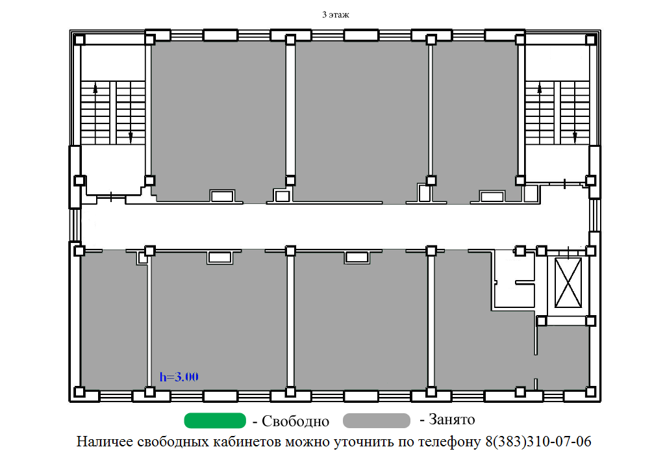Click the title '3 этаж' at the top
coord(336,15)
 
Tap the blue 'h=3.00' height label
coord(179,377)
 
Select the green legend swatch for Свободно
coord(215,420)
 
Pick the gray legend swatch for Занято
coord(377,420)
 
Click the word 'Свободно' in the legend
coord(295,421)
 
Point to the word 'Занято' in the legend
coord(452,419)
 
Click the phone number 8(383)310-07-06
coord(538,441)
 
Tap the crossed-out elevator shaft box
coord(568,283)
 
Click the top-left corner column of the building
coord(79,40)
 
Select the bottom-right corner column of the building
coord(590,392)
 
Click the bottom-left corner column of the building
coord(79,392)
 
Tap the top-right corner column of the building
coord(590,40)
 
